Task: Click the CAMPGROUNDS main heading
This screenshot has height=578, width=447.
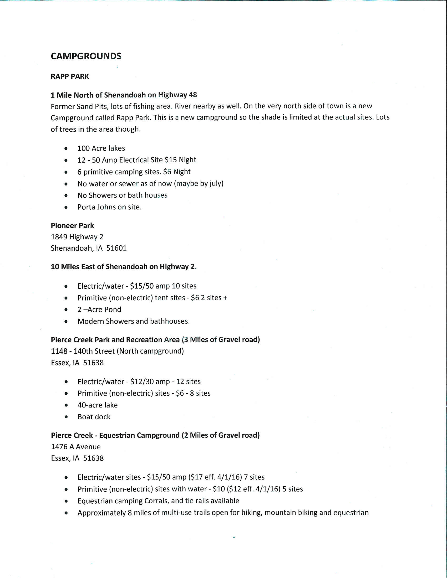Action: coord(86,56)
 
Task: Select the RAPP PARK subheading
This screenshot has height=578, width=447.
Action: coord(70,77)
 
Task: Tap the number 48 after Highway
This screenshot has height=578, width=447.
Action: coord(193,95)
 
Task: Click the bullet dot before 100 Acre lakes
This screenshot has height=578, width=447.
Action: coord(66,149)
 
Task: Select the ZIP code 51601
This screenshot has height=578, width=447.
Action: coord(117,248)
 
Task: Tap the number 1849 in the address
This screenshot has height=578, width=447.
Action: coord(59,237)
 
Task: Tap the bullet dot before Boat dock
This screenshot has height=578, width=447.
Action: coord(66,417)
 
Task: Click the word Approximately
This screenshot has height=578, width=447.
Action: coord(101,513)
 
